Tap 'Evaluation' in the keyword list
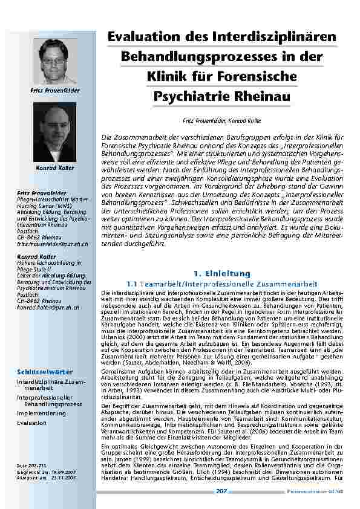pyautogui.click(x=32, y=423)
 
